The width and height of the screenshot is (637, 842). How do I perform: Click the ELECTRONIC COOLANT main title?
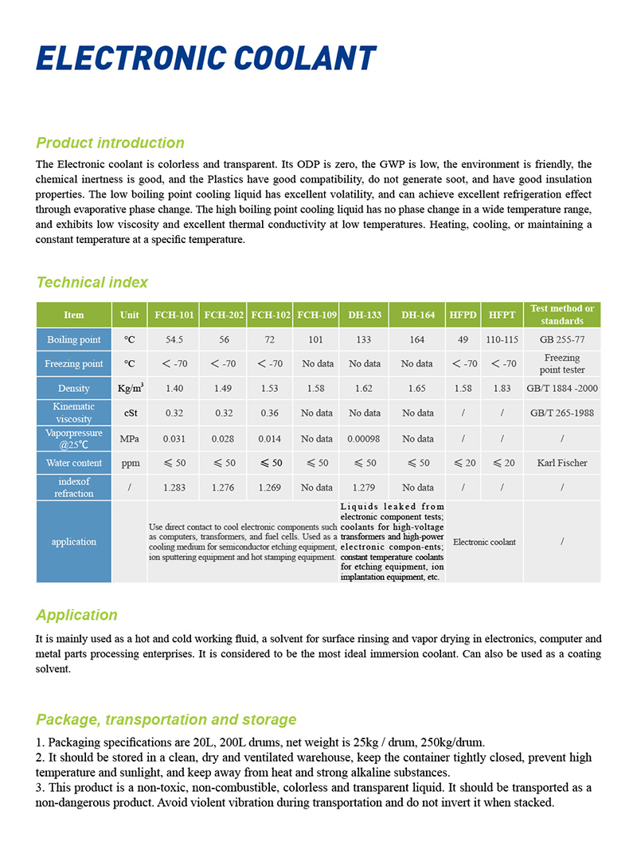coord(205,60)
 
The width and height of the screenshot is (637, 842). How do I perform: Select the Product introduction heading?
coord(110,143)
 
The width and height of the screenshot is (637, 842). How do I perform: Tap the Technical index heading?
coord(92,282)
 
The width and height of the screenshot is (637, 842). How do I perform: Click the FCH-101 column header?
coord(174,315)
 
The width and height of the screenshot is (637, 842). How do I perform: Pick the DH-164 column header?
coord(418,315)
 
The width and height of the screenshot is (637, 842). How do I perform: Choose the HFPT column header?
coord(502,315)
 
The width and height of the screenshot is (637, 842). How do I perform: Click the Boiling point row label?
coord(74,340)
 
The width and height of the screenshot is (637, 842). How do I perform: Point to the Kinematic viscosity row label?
coord(74,413)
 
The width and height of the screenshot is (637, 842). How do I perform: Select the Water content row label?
coord(74,463)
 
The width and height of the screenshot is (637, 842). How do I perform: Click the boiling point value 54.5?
coord(174,340)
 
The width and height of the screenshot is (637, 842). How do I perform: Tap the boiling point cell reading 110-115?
coord(502,340)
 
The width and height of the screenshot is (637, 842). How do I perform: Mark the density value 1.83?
coord(502,388)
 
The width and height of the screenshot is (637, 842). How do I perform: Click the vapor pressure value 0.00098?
coord(365,438)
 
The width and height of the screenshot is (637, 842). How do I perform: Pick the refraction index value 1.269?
coord(270,488)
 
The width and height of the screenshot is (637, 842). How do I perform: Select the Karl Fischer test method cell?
coord(562,463)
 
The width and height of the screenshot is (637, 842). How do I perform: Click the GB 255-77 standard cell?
coord(562,340)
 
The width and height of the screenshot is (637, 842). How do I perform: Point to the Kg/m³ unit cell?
coord(130,388)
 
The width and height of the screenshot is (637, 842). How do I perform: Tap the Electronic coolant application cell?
coord(484,542)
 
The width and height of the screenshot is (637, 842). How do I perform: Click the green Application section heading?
coord(76,615)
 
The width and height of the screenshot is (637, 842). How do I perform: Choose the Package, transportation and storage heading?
coord(166,720)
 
